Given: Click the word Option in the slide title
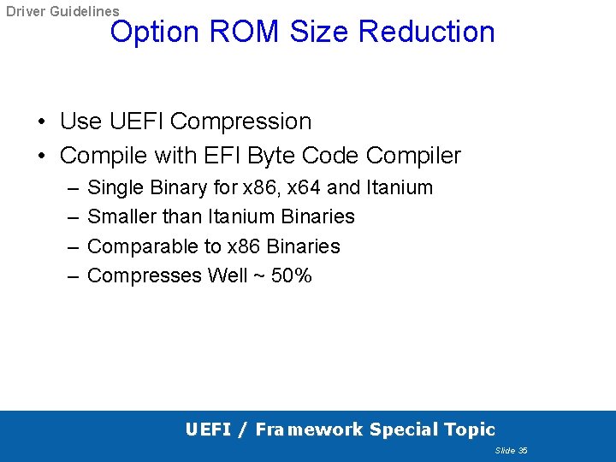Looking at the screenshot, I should (155, 32).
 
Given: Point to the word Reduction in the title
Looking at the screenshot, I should (427, 32).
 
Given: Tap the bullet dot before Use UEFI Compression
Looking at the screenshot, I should (42, 121).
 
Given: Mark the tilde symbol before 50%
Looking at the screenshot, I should (258, 275).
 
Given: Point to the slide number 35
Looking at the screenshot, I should (523, 450).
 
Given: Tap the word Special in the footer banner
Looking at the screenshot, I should (401, 429).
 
